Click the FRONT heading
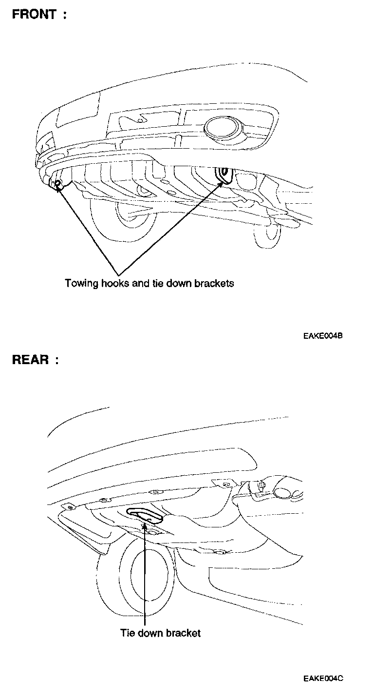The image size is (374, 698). click(x=34, y=14)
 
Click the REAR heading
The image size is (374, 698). click(x=30, y=360)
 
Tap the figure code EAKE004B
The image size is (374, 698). click(x=322, y=336)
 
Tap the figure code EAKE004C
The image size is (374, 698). click(x=322, y=679)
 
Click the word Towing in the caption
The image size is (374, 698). click(x=81, y=284)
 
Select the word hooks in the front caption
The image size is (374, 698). click(x=115, y=283)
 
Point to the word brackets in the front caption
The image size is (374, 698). click(x=214, y=283)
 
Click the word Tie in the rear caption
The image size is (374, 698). click(x=126, y=633)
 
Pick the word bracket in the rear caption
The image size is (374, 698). click(x=183, y=633)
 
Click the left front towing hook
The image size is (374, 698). click(x=57, y=183)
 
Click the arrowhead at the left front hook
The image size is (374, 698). click(x=59, y=188)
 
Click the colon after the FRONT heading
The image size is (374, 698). click(x=63, y=15)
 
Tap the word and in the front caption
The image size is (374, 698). click(x=141, y=283)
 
